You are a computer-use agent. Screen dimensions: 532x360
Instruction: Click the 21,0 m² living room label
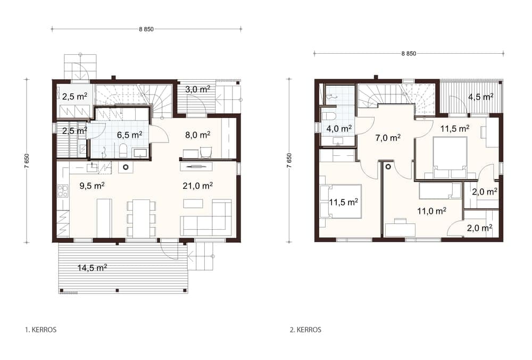click(x=197, y=186)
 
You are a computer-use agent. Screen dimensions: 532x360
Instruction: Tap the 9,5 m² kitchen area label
click(x=92, y=186)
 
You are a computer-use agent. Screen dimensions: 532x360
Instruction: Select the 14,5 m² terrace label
click(x=92, y=268)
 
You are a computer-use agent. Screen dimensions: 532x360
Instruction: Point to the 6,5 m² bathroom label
click(x=129, y=135)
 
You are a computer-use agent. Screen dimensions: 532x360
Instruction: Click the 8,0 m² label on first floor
click(x=197, y=135)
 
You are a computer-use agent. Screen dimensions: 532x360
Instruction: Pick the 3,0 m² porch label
click(x=197, y=89)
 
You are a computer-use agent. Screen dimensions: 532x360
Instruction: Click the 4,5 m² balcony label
click(x=481, y=97)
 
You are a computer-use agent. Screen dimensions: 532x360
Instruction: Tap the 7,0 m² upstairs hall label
click(x=388, y=138)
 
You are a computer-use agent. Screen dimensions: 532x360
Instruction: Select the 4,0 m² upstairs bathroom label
click(x=339, y=129)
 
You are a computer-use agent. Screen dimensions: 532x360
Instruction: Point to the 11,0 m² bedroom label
click(x=431, y=211)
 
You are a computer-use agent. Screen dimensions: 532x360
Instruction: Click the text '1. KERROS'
click(x=41, y=330)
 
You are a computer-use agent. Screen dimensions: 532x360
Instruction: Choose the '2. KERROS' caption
click(x=305, y=330)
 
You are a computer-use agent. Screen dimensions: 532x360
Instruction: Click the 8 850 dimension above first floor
click(x=146, y=29)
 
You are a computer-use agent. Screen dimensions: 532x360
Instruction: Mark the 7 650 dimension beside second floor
click(x=289, y=161)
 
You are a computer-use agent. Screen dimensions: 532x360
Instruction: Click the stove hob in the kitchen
click(x=63, y=191)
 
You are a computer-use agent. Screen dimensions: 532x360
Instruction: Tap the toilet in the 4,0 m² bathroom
click(x=328, y=115)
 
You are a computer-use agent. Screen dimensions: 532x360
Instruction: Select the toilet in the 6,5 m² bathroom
click(x=123, y=150)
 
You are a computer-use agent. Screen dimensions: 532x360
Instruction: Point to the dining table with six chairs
click(x=142, y=219)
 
